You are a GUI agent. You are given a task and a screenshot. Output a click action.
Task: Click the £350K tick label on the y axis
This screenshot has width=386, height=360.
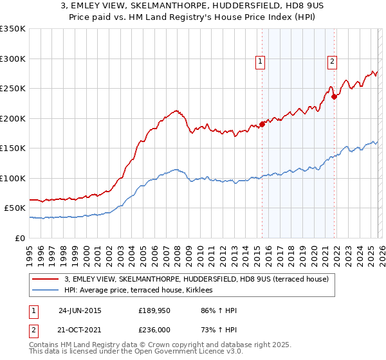[x=13, y=29]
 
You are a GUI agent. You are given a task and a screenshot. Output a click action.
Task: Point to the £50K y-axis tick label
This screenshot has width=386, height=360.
[x=15, y=208]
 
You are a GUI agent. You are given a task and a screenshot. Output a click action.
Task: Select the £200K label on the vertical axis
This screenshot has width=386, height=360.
[x=13, y=118]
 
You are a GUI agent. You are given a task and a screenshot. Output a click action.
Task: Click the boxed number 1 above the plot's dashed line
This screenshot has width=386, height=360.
[x=261, y=62]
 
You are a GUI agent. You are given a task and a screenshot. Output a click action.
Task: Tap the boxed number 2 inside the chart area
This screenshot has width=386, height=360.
[x=332, y=62]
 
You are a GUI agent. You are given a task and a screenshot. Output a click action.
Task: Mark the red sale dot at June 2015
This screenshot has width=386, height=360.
[x=262, y=125]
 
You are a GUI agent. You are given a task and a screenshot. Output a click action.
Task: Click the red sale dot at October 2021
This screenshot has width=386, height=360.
[x=334, y=97]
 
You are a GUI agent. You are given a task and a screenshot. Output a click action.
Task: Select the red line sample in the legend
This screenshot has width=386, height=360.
[x=46, y=279]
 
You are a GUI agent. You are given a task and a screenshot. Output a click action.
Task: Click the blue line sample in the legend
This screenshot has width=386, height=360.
[x=46, y=290]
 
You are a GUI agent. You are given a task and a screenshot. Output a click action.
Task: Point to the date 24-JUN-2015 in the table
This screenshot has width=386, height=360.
[x=80, y=310]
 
